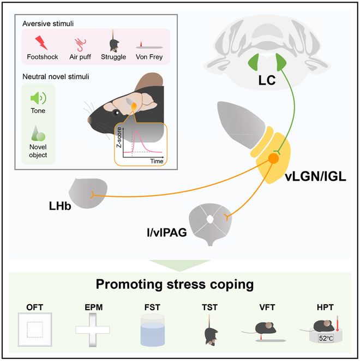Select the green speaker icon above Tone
point(38,98)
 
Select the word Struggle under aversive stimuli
point(114,56)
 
